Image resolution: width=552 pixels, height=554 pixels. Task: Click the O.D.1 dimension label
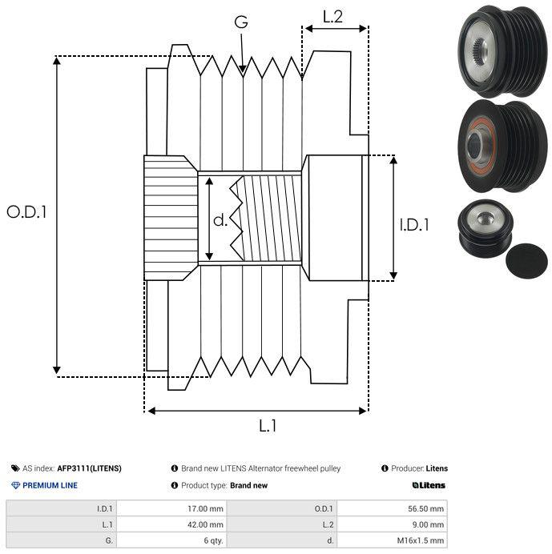pos(27,212)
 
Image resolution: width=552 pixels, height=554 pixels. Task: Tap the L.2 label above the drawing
pos(332,17)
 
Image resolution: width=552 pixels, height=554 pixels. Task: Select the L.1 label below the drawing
pos(268,426)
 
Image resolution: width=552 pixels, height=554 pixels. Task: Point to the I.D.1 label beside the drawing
pos(414,225)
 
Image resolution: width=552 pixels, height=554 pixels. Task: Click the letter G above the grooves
pos(241,22)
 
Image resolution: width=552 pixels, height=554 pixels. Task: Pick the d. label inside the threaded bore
pos(220,220)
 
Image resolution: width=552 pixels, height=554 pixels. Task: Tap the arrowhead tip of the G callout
pos(243,72)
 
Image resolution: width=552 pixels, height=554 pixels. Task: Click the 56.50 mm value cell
pos(392,508)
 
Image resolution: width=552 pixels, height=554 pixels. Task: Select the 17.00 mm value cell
pos(171,508)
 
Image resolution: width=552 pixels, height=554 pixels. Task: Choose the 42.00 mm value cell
pos(171,524)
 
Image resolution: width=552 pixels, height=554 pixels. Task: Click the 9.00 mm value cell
pos(392,524)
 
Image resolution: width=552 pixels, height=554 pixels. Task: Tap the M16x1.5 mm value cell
pos(392,540)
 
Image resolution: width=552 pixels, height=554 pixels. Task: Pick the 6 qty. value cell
pos(171,540)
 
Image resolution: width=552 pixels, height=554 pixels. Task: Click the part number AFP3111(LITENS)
pos(90,468)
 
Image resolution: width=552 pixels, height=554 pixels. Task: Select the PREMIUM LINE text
pos(50,485)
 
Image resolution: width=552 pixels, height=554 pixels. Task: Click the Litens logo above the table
pos(429,485)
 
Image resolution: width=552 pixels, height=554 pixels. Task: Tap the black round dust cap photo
pos(527,261)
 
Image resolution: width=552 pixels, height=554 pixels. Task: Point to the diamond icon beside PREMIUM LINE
pos(15,485)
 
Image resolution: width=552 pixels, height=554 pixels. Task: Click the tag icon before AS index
pos(15,468)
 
